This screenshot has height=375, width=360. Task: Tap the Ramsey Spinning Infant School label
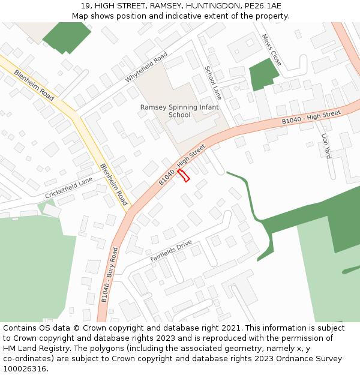click(179, 111)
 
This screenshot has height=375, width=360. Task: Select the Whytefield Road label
click(146, 67)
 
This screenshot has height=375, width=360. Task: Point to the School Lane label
click(213, 83)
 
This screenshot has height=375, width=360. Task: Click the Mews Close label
click(271, 50)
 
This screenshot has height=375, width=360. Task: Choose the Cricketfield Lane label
click(69, 188)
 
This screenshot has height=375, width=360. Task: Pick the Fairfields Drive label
click(171, 250)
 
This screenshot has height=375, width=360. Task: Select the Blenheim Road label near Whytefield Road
click(34, 84)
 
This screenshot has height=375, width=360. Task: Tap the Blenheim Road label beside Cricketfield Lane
click(113, 184)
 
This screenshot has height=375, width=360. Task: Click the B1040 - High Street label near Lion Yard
click(311, 118)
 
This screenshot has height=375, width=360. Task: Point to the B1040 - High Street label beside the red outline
click(182, 164)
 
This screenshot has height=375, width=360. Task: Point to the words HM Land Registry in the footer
click(32, 348)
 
